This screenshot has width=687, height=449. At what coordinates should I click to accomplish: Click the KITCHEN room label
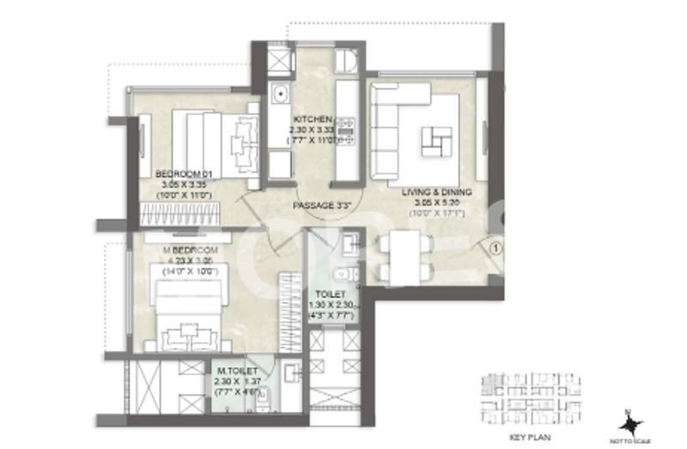(x=307, y=119)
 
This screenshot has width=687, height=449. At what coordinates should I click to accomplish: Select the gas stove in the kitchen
(x=347, y=130)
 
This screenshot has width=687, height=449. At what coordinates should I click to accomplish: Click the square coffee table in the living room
(x=438, y=139)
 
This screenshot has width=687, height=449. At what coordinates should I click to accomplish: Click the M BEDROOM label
(x=191, y=250)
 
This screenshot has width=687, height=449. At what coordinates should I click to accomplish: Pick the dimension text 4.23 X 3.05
(x=191, y=260)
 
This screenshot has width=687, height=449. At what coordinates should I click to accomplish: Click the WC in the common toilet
(x=343, y=276)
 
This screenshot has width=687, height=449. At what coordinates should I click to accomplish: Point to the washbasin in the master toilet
(x=290, y=372)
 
